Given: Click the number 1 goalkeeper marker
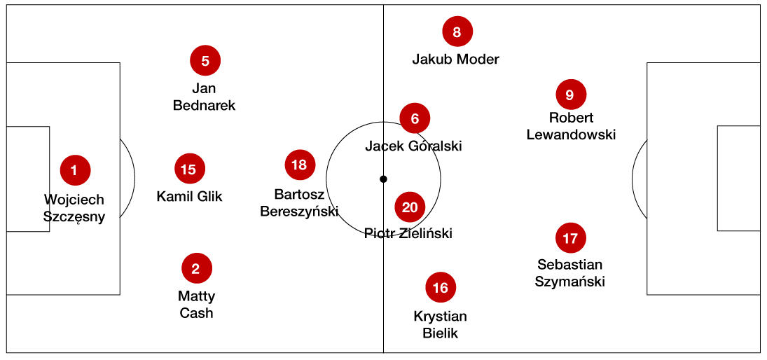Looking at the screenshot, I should click(76, 169).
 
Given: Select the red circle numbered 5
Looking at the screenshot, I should click(205, 61).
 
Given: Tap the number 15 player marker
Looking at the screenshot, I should click(189, 169).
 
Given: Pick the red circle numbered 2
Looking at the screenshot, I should click(196, 268).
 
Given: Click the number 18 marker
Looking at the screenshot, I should click(300, 165).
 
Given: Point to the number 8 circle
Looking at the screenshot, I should click(457, 32).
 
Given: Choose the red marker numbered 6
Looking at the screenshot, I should click(415, 119).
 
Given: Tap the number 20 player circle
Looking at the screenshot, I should click(410, 207).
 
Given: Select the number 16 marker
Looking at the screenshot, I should click(441, 287).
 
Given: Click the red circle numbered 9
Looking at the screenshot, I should click(570, 95).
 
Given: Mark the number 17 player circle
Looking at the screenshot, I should click(570, 238).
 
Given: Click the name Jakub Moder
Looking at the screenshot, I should click(455, 60).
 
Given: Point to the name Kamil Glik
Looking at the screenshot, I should click(189, 196).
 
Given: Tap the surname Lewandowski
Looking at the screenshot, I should click(571, 134).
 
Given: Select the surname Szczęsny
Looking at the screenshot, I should click(74, 217).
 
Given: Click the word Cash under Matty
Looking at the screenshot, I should click(196, 313).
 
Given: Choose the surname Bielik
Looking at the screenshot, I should click(440, 333).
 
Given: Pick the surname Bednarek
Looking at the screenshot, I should click(204, 106).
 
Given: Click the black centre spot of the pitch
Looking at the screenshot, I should click(383, 179).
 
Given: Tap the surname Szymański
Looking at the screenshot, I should click(569, 282).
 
